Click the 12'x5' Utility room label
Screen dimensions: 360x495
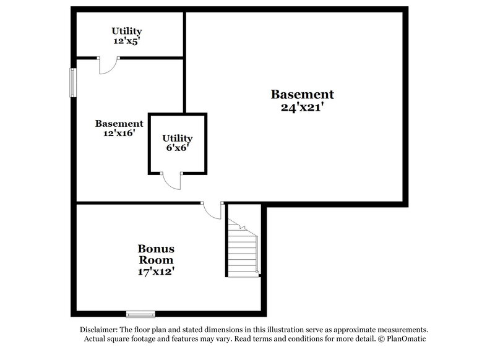[127, 36]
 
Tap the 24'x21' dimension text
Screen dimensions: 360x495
[302, 106]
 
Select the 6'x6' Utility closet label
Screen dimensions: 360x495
[177, 143]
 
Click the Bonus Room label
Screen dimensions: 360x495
[155, 254]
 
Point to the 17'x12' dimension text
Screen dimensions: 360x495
[155, 271]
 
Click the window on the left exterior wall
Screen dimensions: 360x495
[72, 83]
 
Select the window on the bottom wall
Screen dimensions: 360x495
[140, 313]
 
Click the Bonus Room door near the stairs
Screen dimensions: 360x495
[213, 210]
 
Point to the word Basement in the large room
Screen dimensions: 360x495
[302, 95]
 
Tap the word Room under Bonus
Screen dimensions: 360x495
[155, 260]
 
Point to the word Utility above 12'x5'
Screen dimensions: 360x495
[127, 31]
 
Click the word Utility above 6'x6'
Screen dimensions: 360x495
[177, 138]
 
